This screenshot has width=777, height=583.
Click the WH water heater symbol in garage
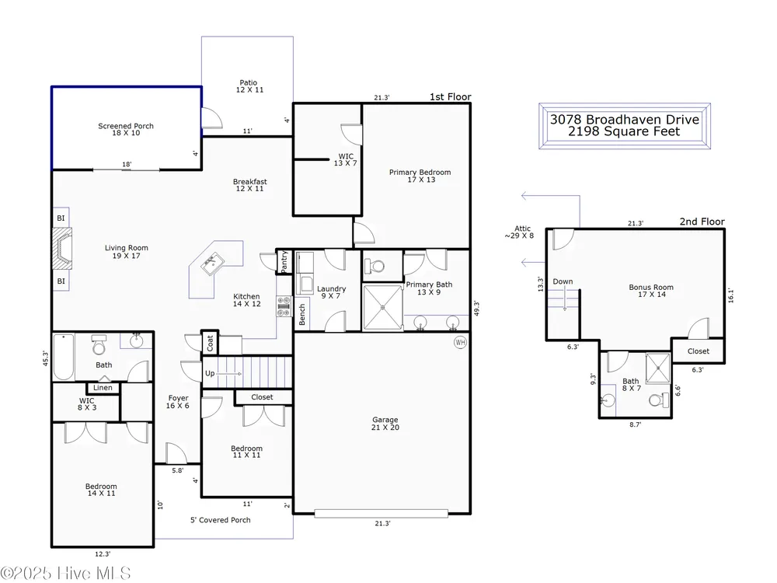pos(460,343)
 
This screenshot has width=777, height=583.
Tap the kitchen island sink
pos(212,264)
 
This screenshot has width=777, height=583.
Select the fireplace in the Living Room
pos(62,249)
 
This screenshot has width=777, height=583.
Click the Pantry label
pos(284,262)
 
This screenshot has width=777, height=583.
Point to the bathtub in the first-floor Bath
pos(64,357)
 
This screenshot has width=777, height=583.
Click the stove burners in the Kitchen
pos(284,306)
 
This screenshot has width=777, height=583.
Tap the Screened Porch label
pos(126,129)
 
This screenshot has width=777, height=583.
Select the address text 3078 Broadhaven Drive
pos(625,120)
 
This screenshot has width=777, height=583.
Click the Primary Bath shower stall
pos(382,307)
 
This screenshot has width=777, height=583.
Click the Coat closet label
pos(210,343)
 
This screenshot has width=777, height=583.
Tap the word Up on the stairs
pos(210,373)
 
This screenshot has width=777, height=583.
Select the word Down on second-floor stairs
pos(563,281)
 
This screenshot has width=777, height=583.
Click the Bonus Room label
pos(651,291)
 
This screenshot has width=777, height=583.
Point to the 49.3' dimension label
pos(477,308)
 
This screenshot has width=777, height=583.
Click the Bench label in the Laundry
pos(302,315)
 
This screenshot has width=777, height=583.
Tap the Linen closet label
pos(103,388)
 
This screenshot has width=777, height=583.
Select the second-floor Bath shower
pos(658,368)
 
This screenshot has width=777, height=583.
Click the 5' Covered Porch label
pos(221,520)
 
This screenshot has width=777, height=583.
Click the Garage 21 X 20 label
pos(385,424)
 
